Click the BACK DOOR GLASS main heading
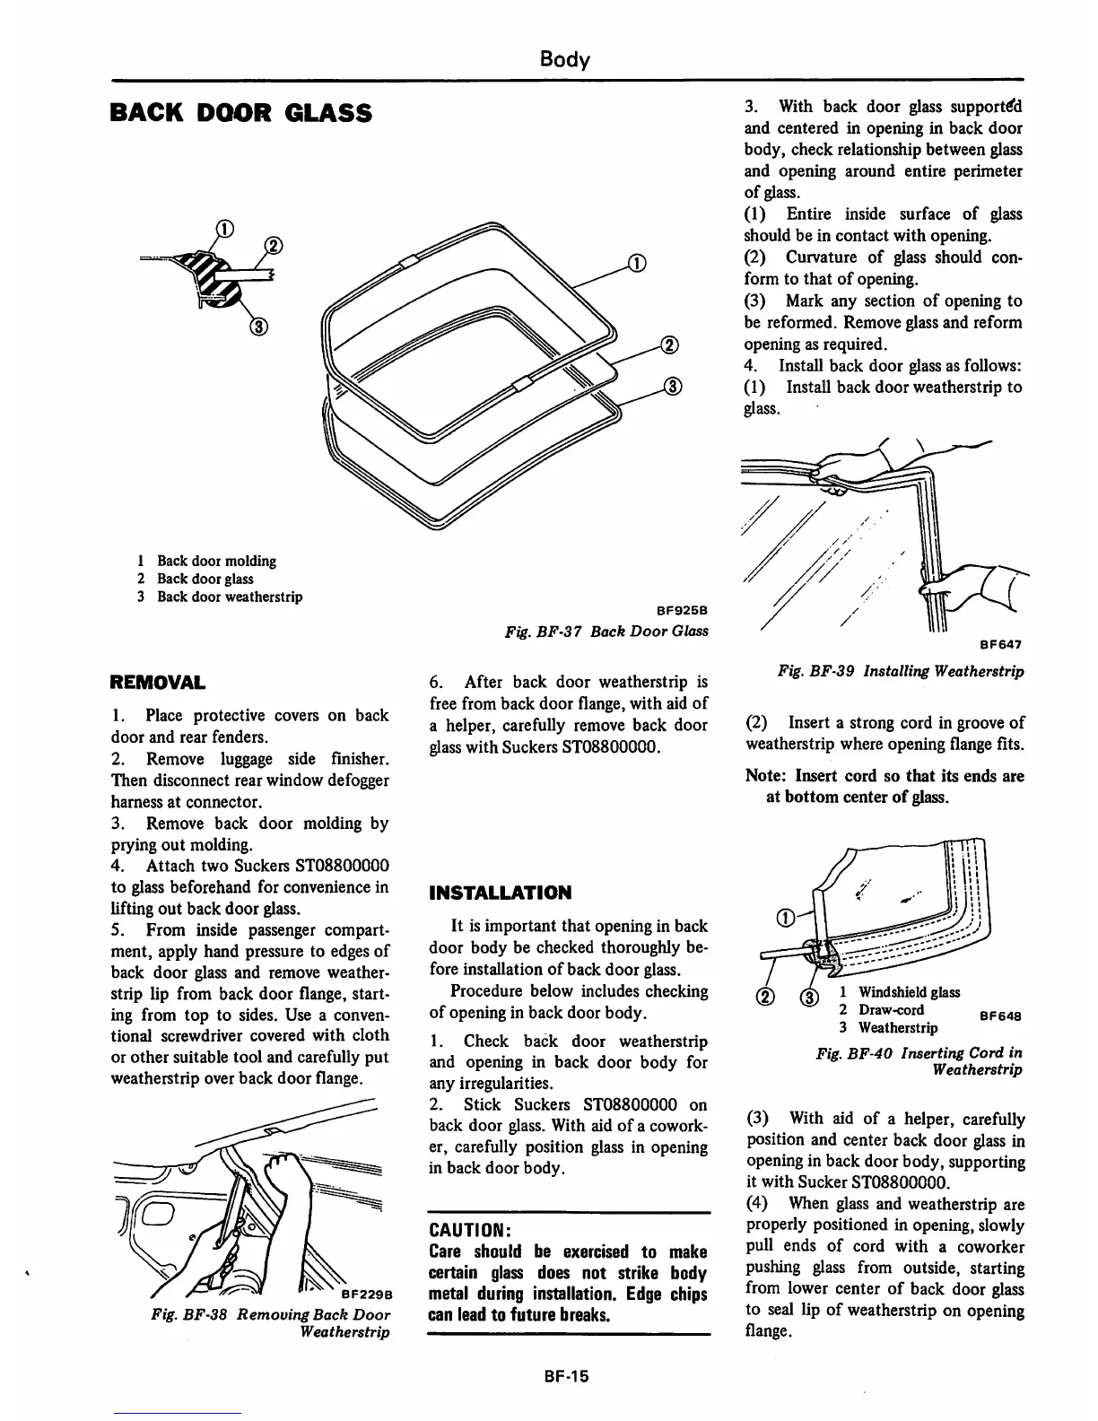coord(240,113)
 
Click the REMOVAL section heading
coord(157,682)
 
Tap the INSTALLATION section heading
coord(501,893)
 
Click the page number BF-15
coord(564,1376)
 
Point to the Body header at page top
coord(564,60)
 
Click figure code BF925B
coord(683,611)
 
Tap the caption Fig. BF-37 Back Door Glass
coord(606,631)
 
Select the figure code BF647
coord(1001,643)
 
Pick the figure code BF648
coord(1001,1016)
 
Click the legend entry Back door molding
coord(216,561)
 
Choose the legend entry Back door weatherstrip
coord(230,597)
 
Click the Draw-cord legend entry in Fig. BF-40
coord(891,1009)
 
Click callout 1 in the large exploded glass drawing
coord(635,263)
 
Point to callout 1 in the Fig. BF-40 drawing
coord(785,918)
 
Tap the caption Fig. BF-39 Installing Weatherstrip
coord(901,671)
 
